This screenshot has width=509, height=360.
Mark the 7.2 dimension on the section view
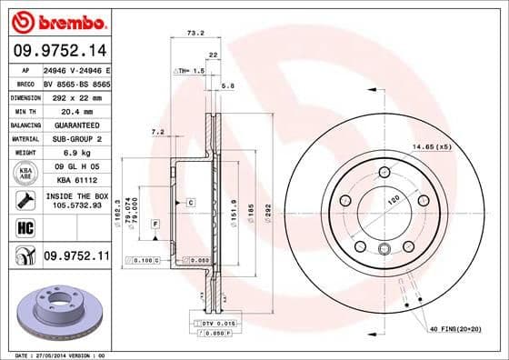156,132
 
